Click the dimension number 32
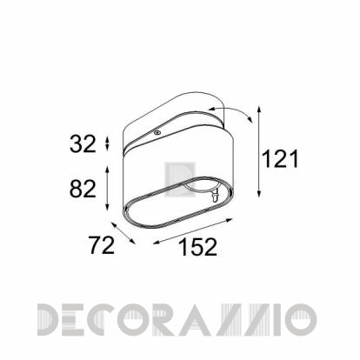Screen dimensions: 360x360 tap(83, 144)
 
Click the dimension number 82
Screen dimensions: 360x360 tap(83, 189)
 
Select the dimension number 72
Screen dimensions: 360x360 tap(102, 245)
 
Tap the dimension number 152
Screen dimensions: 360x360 tap(198, 247)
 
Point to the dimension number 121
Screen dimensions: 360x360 tap(280, 159)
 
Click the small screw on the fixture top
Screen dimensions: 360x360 tap(157, 132)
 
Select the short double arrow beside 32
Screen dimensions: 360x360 tap(107, 143)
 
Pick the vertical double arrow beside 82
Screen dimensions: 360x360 tap(107, 188)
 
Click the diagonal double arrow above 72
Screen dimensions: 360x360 tap(123, 233)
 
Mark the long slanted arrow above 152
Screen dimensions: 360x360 tap(193, 231)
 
